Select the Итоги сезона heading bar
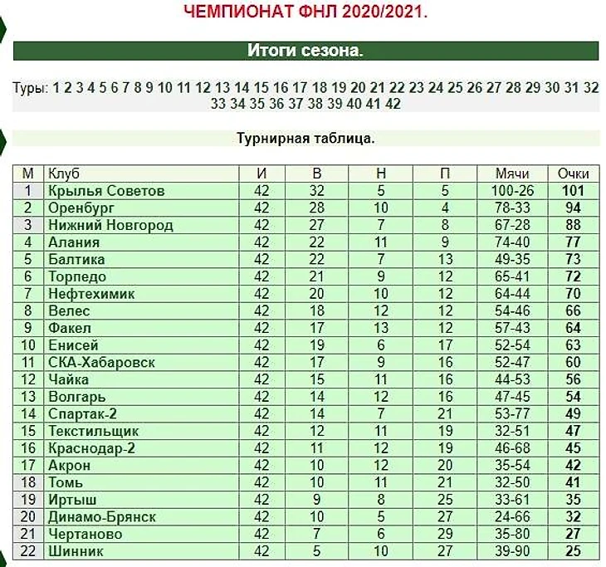pyautogui.click(x=305, y=51)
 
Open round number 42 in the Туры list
pyautogui.click(x=393, y=104)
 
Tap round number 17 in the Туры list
pyautogui.click(x=300, y=87)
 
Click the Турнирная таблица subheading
pyautogui.click(x=305, y=139)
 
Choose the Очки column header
pyautogui.click(x=574, y=174)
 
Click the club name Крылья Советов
pyautogui.click(x=106, y=191)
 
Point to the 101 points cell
pyautogui.click(x=574, y=191)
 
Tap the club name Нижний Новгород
pyautogui.click(x=110, y=225)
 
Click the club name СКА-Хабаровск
pyautogui.click(x=101, y=363)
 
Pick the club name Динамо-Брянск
pyautogui.click(x=102, y=517)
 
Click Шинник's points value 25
pyautogui.click(x=574, y=551)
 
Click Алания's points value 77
pyautogui.click(x=574, y=242)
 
